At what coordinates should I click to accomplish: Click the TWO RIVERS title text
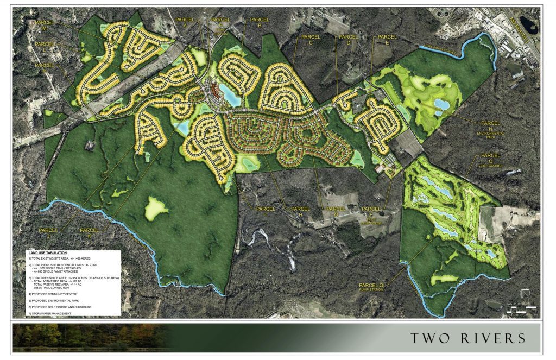pyautogui.click(x=467, y=338)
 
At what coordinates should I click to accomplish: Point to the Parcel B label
pyautogui.click(x=255, y=22)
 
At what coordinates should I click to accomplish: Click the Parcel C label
pyautogui.click(x=310, y=40)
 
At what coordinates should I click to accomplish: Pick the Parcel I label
pyautogui.click(x=266, y=211)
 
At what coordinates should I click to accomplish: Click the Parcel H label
pyautogui.click(x=300, y=211)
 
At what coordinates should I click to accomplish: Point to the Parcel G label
pyautogui.click(x=336, y=211)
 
